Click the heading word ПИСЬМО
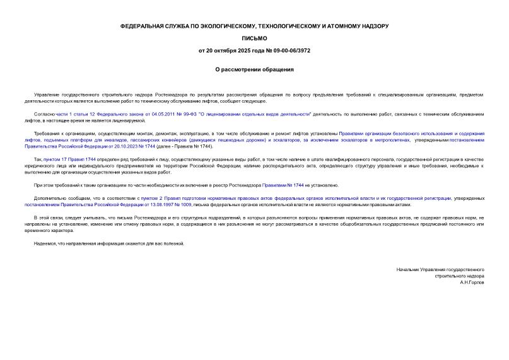click(254, 38)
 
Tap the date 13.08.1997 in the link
click(158, 205)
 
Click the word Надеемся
click(47, 243)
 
